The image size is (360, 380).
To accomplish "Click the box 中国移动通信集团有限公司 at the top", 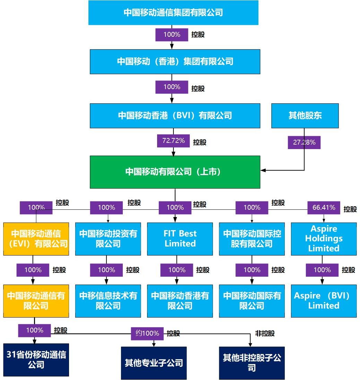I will pyautogui.click(x=173, y=13).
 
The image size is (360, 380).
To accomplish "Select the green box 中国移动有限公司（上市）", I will pyautogui.click(x=175, y=172).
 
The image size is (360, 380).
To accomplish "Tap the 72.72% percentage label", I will pyautogui.click(x=173, y=141).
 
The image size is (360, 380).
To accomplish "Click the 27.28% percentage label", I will pyautogui.click(x=304, y=142).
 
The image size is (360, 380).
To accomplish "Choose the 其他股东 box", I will pyautogui.click(x=305, y=116).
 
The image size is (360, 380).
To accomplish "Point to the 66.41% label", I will pyautogui.click(x=324, y=208).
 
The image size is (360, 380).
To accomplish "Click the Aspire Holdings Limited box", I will pyautogui.click(x=323, y=239).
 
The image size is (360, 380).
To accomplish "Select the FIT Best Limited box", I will pyautogui.click(x=180, y=239).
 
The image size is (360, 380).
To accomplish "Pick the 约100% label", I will pyautogui.click(x=147, y=334).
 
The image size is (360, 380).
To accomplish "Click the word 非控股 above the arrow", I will pyautogui.click(x=265, y=334).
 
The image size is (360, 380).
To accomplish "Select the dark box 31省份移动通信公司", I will pyautogui.click(x=36, y=360).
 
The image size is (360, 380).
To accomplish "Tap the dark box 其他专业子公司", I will pyautogui.click(x=154, y=363).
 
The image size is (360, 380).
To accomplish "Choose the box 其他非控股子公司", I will pyautogui.click(x=251, y=363).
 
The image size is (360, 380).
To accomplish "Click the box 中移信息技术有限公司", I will pyautogui.click(x=108, y=301).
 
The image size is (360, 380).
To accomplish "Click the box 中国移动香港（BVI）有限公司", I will pyautogui.click(x=175, y=116).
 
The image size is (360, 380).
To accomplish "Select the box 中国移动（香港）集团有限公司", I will pyautogui.click(x=175, y=62).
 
